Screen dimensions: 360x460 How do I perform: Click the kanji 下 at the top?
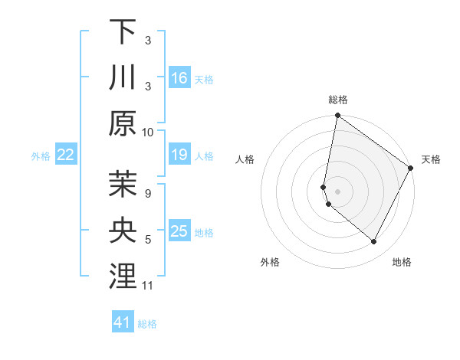[x=123, y=31]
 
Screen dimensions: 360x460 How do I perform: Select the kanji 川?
[x=123, y=77]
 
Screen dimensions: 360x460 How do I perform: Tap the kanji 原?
[x=123, y=123]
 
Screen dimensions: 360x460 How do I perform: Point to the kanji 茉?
[x=123, y=185]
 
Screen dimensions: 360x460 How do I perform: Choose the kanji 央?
[x=123, y=231]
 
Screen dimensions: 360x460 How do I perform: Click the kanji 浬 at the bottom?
[x=123, y=277]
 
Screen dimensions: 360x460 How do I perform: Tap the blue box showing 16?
[x=179, y=77]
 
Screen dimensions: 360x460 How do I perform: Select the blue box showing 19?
[x=179, y=155]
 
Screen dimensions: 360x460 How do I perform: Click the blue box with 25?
[x=179, y=231]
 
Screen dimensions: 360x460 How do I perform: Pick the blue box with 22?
[x=66, y=155]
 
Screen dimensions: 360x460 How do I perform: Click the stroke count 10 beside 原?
[x=148, y=132]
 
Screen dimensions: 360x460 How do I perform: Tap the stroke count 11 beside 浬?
[x=148, y=286]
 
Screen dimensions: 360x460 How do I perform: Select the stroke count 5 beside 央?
[x=148, y=240]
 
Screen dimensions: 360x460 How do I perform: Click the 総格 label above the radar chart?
[x=338, y=100]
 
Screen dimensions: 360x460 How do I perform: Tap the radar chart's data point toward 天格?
[x=411, y=169]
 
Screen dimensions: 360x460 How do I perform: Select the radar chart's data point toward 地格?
[x=374, y=242]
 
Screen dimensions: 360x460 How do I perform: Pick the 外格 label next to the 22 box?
[x=41, y=155]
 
